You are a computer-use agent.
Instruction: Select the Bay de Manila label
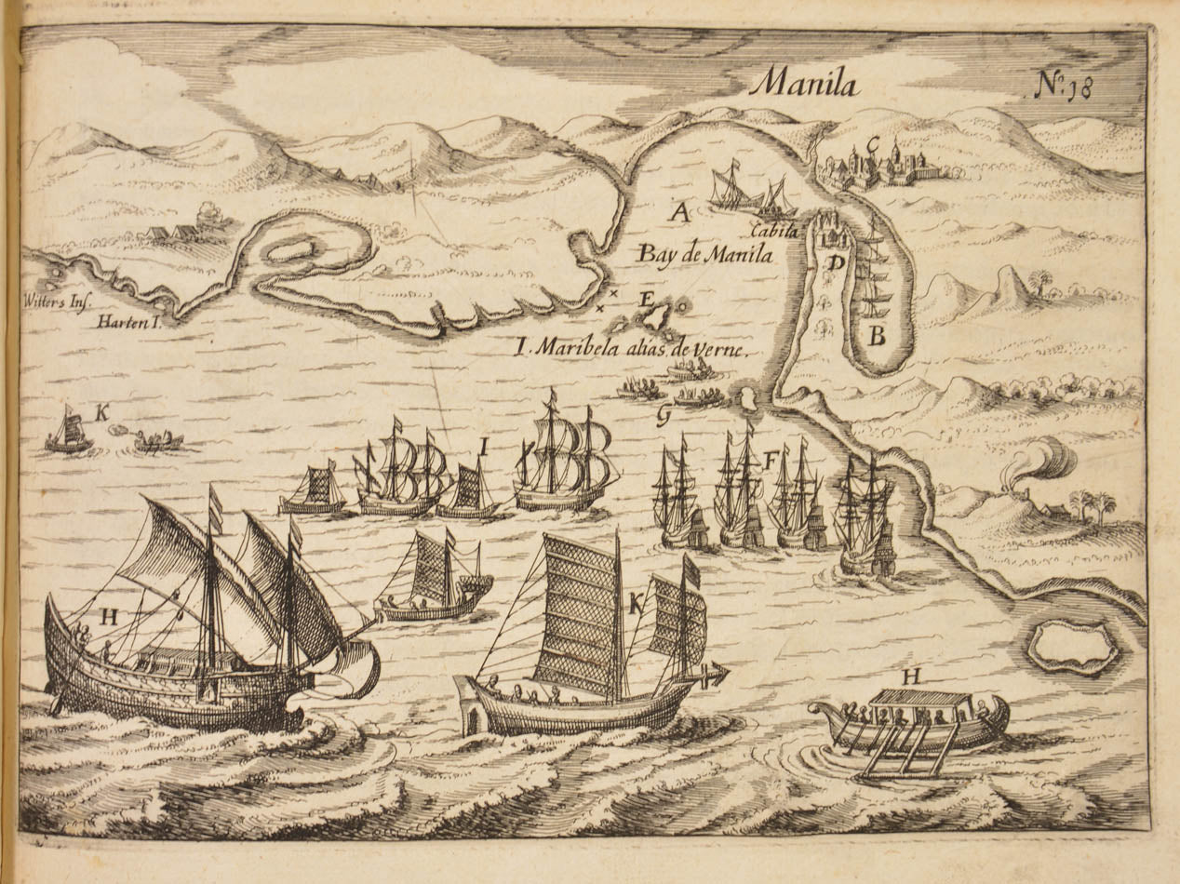point(705,253)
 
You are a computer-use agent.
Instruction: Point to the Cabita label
point(775,232)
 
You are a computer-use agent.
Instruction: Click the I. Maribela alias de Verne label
point(633,350)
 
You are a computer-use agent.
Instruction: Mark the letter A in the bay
point(680,213)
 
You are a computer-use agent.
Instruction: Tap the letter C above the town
point(873,145)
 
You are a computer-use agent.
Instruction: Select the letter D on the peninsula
point(837,263)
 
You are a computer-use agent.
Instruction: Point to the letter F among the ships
point(769,458)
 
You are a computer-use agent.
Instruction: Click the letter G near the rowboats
point(663,417)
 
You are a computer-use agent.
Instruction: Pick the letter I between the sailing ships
point(484,447)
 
